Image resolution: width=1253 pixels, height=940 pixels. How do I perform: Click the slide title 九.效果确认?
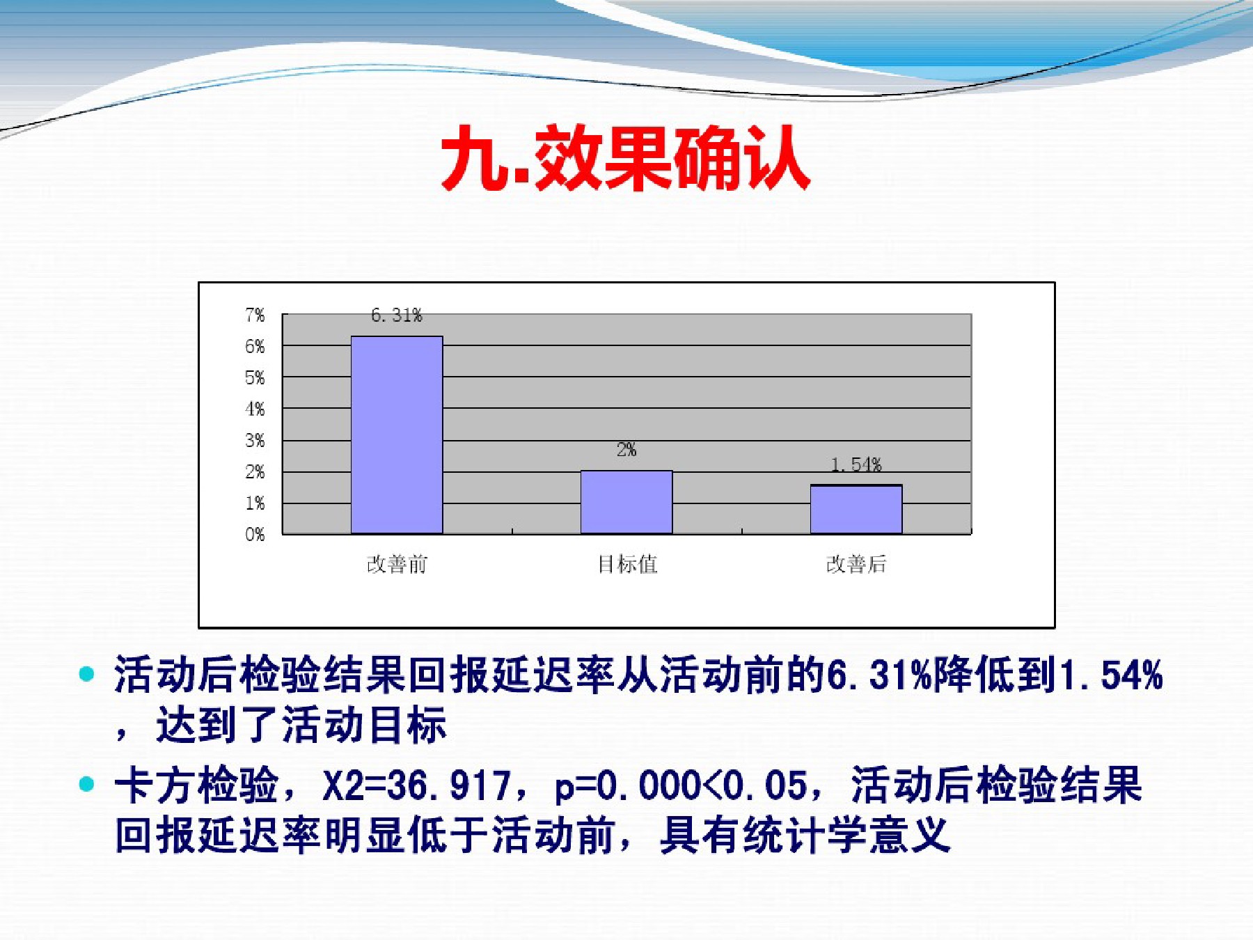pyautogui.click(x=626, y=158)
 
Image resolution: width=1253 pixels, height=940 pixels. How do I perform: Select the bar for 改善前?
pyautogui.click(x=397, y=435)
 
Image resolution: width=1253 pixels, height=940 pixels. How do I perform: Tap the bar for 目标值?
pyautogui.click(x=626, y=502)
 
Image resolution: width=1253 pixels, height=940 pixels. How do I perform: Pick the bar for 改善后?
pyautogui.click(x=856, y=509)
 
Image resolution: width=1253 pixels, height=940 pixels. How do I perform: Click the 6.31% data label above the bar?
pyautogui.click(x=397, y=315)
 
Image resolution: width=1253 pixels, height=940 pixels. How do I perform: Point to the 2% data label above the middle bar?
pyautogui.click(x=626, y=450)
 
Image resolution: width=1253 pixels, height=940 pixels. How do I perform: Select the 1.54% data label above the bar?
pyautogui.click(x=856, y=464)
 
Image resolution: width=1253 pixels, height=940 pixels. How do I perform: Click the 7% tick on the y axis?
pyautogui.click(x=255, y=315)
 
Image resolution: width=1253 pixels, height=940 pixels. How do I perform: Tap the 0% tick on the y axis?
pyautogui.click(x=255, y=535)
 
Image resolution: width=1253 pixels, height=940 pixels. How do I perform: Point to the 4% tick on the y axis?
pyautogui.click(x=255, y=409)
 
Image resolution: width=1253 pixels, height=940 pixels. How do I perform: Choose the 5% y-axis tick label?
pyautogui.click(x=255, y=378)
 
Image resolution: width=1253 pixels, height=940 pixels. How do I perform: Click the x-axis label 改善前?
pyautogui.click(x=397, y=564)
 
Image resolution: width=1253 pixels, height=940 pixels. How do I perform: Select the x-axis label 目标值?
pyautogui.click(x=627, y=564)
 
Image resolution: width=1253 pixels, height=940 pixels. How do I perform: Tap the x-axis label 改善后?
pyautogui.click(x=856, y=564)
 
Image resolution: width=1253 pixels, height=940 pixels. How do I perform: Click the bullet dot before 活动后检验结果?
pyautogui.click(x=86, y=674)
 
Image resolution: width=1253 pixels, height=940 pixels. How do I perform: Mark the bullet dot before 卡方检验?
pyautogui.click(x=86, y=785)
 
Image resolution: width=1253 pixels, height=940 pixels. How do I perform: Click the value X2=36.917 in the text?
pyautogui.click(x=417, y=785)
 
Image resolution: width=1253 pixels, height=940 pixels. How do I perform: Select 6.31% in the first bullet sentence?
pyautogui.click(x=879, y=675)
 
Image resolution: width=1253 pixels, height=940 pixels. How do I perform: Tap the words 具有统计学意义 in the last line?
pyautogui.click(x=805, y=835)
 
